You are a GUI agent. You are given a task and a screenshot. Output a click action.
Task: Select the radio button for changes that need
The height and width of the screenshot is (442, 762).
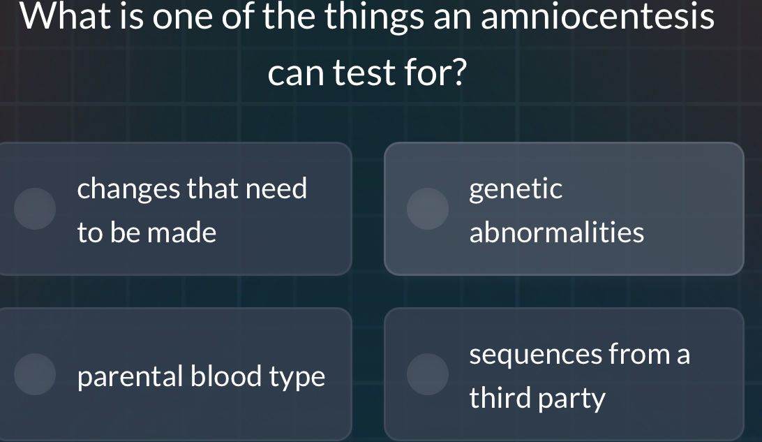[36, 208]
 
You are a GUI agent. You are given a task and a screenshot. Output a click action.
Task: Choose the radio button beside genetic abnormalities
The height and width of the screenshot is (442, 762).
[428, 208]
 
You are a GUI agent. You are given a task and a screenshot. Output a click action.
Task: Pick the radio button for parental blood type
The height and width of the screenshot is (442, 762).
[36, 374]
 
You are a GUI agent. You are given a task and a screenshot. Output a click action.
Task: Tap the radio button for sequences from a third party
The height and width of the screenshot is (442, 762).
[428, 374]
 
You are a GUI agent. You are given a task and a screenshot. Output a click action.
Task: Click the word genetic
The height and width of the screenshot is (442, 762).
[516, 189]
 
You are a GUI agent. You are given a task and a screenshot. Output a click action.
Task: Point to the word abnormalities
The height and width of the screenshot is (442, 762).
[557, 233]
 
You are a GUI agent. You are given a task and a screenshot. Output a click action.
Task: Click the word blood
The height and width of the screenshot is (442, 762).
[225, 376]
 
